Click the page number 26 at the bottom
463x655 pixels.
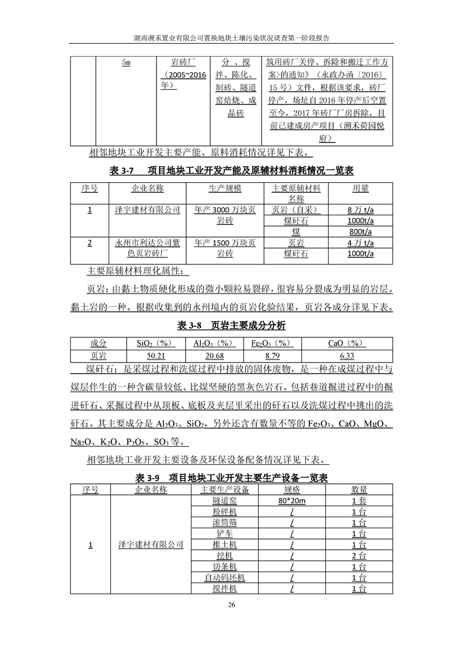231,604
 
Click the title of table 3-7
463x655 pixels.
231,170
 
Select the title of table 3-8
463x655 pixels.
231,325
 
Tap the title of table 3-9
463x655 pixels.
231,478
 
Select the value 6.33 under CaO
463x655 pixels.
347,356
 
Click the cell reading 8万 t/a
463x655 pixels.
360,210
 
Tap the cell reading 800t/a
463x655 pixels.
360,231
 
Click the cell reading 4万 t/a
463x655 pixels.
360,242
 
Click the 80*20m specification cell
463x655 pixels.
292,501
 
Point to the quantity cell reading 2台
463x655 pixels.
359,556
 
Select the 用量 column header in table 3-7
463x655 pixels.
360,189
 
